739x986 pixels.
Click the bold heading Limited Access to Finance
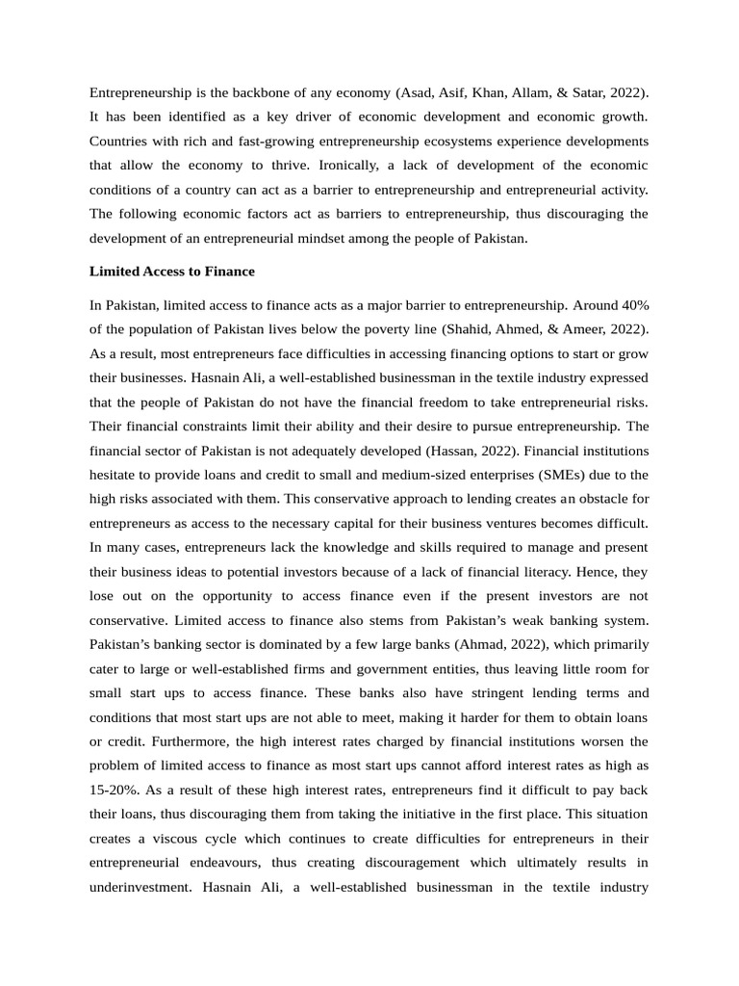coord(172,272)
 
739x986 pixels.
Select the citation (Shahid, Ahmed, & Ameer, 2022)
coord(546,329)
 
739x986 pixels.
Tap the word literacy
coord(563,571)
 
